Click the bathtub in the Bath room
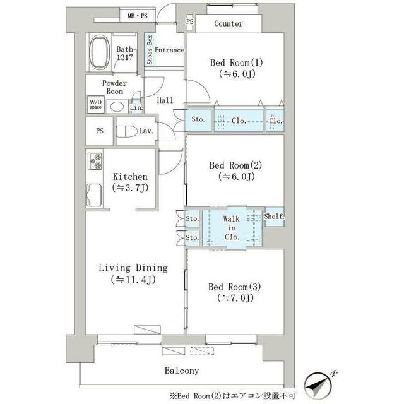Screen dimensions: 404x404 click(100, 52)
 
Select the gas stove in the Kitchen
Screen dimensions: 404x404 click(95, 161)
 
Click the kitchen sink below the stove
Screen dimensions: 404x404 click(94, 195)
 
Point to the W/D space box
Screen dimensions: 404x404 click(95, 105)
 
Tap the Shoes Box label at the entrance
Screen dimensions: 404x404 click(150, 50)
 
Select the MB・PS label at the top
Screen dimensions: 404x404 click(138, 16)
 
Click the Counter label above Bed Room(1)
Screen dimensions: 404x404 click(229, 24)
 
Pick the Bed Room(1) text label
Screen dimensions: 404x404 click(236, 62)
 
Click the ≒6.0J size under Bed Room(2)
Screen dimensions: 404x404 click(237, 177)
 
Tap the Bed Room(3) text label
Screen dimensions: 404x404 click(235, 287)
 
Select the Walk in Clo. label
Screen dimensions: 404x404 click(232, 228)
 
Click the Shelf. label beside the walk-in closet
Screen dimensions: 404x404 click(275, 217)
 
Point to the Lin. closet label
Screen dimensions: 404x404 click(136, 107)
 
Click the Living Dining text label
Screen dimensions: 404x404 click(133, 268)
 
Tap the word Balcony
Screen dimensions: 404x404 click(182, 371)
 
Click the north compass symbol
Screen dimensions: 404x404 click(318, 385)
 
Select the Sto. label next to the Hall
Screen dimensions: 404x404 click(198, 119)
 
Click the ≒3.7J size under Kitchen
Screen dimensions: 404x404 click(131, 188)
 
